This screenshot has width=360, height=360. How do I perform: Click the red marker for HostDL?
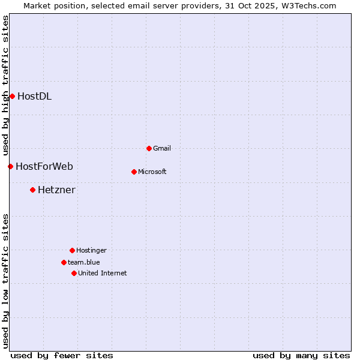[x=12, y=96]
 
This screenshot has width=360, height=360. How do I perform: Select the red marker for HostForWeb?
[x=10, y=166]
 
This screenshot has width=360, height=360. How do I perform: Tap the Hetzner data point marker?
[x=32, y=190]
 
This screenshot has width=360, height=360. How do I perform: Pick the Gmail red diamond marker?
[x=149, y=148]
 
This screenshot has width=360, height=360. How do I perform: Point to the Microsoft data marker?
[x=134, y=172]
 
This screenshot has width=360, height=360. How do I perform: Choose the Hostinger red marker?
[x=72, y=250]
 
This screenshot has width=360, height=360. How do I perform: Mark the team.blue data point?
[x=64, y=262]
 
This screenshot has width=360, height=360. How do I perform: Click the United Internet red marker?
[x=74, y=273]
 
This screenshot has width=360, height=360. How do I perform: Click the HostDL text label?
[x=34, y=96]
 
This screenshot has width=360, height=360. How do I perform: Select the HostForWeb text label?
[x=44, y=166]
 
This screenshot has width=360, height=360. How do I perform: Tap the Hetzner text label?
[x=56, y=190]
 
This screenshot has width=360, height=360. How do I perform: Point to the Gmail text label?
[x=162, y=148]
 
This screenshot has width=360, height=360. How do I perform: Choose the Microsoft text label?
[x=152, y=172]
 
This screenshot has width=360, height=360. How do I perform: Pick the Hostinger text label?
[x=91, y=250]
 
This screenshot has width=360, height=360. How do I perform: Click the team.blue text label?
[x=84, y=262]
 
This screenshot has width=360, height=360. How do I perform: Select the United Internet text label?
[x=103, y=273]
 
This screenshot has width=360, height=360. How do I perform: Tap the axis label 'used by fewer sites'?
[x=62, y=355]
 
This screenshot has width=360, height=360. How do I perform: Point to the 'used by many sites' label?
[x=301, y=355]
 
